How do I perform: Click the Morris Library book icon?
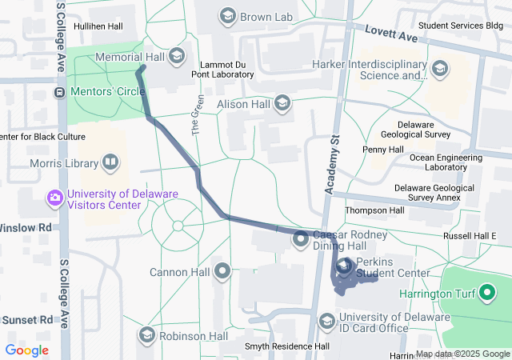click(110, 164)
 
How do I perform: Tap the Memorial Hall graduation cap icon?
click(177, 57)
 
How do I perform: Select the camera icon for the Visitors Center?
click(55, 198)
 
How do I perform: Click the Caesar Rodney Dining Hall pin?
click(301, 238)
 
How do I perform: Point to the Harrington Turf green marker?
click(487, 293)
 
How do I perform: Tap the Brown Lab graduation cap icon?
click(228, 16)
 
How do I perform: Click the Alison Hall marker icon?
click(282, 102)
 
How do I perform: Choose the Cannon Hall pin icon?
click(222, 272)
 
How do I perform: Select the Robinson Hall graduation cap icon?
click(146, 335)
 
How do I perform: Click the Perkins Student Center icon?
click(345, 267)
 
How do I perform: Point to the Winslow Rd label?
click(26, 227)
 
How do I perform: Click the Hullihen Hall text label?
click(98, 26)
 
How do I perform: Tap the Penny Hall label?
click(382, 150)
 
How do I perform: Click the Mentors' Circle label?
click(107, 91)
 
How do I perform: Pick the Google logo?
click(26, 350)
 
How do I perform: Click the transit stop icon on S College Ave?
click(60, 92)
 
